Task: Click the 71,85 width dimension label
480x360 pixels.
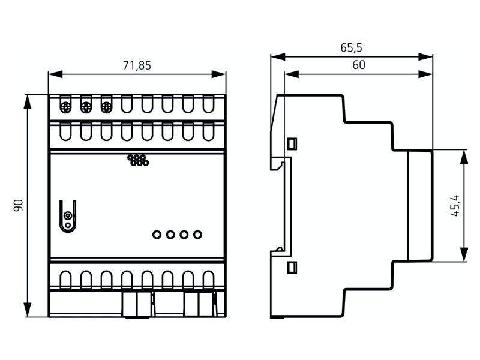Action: point(137,65)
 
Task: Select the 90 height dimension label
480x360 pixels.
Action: point(19,205)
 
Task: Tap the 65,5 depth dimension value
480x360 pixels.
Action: point(351,47)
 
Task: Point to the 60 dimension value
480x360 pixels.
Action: point(359,65)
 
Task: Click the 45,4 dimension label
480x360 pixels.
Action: point(455,205)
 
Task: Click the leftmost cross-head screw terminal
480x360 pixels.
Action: point(65,107)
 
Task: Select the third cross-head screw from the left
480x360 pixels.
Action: point(106,107)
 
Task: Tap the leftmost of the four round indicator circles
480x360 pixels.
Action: point(157,235)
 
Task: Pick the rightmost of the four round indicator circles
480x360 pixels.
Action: point(198,235)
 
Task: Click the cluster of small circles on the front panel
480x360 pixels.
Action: point(138,160)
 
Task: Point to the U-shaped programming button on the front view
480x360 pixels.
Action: point(68,216)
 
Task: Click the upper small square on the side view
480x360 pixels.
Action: point(292,144)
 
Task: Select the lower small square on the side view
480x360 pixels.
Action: point(292,267)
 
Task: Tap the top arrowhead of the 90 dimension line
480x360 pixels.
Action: point(28,101)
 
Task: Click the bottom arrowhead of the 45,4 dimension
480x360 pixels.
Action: point(464,254)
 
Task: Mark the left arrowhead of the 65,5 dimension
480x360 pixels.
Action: point(278,56)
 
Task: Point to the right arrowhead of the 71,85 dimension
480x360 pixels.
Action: point(219,74)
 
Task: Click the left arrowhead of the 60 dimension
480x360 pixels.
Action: point(292,74)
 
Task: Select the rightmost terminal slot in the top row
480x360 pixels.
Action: point(208,104)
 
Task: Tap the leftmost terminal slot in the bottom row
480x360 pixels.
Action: point(65,280)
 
